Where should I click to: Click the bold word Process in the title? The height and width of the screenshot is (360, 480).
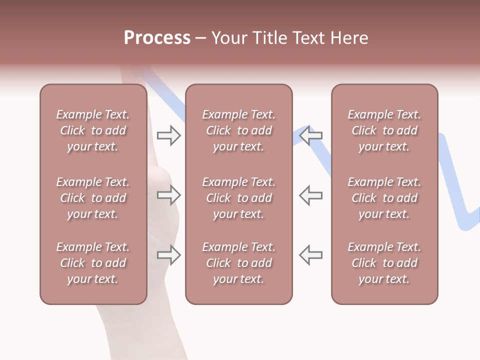(157, 38)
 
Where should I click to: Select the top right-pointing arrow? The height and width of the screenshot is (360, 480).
(168, 135)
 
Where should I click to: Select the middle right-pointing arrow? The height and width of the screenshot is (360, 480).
(168, 195)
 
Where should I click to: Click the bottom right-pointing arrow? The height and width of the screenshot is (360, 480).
(168, 255)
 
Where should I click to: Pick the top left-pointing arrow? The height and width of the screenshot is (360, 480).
(311, 135)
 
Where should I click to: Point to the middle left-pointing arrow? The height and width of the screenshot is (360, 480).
(311, 195)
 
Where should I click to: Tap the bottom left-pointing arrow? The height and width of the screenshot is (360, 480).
(311, 254)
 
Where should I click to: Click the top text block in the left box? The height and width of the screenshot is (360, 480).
(93, 130)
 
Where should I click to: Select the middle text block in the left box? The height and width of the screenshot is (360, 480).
(93, 198)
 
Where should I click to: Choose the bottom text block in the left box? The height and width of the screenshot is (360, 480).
(93, 263)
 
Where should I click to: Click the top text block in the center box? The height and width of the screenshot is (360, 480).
(238, 130)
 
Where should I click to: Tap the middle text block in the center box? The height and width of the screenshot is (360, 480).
(238, 198)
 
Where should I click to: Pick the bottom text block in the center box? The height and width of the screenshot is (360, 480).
(238, 263)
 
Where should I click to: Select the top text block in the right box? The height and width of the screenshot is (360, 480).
(384, 130)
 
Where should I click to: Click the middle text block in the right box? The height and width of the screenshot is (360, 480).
(384, 198)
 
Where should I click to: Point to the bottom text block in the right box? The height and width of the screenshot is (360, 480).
(384, 263)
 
